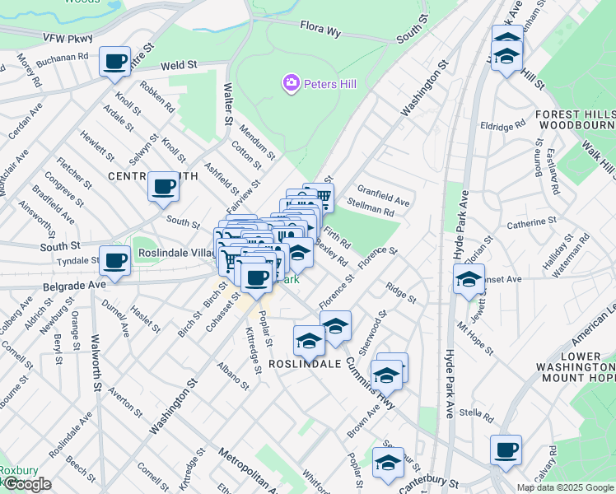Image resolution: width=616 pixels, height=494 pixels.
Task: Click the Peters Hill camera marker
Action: (291, 83)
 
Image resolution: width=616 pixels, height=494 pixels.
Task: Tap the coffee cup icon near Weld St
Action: (115, 61)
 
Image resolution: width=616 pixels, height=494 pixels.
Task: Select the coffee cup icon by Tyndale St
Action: (115, 261)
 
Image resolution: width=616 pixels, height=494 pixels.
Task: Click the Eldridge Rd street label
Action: (502, 127)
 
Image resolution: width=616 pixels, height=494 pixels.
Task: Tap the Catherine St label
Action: (526, 223)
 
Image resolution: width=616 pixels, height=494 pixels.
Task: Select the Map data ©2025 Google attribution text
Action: (564, 487)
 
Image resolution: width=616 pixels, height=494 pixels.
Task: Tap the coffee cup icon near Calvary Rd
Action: (506, 450)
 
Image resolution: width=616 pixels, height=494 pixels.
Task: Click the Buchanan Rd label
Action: (62, 58)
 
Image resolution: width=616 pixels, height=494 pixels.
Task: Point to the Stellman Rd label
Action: (371, 211)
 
